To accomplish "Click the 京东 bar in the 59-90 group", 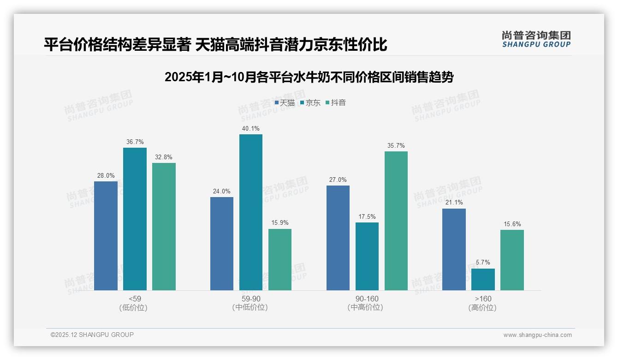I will tap(250, 212).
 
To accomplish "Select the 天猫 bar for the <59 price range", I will tap(106, 235).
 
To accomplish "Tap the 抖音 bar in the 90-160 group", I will tap(396, 221).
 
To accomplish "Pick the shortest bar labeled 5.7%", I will tap(483, 279).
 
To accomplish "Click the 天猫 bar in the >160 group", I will tap(454, 249).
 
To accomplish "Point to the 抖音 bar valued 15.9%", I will tap(280, 259).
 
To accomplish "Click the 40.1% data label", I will tap(250, 129).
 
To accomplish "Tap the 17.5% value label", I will tap(367, 216).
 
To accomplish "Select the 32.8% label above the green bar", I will tap(164, 157).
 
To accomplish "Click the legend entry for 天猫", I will tap(285, 103).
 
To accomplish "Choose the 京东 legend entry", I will tap(310, 103).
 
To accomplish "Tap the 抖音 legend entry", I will tap(336, 103).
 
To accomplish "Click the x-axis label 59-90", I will tap(250, 299).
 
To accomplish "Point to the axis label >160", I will tap(483, 299).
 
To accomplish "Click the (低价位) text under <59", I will tap(134, 308).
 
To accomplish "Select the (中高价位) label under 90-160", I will tap(367, 308).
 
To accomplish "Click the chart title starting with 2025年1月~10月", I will tap(309, 77).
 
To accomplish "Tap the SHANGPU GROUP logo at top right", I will tap(536, 39).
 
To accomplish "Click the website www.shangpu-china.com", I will tap(537, 335).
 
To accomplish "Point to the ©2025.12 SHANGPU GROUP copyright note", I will tap(92, 335).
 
